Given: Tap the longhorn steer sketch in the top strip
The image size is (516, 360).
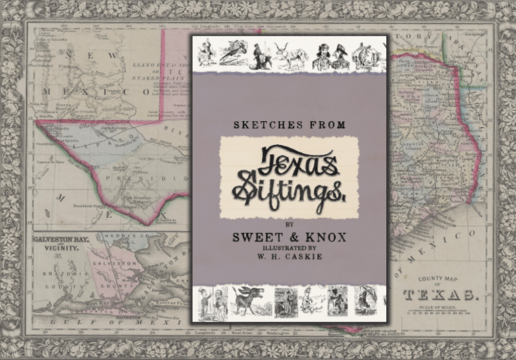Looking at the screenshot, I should [292, 55].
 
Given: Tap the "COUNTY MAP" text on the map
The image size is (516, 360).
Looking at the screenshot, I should [437, 279].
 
